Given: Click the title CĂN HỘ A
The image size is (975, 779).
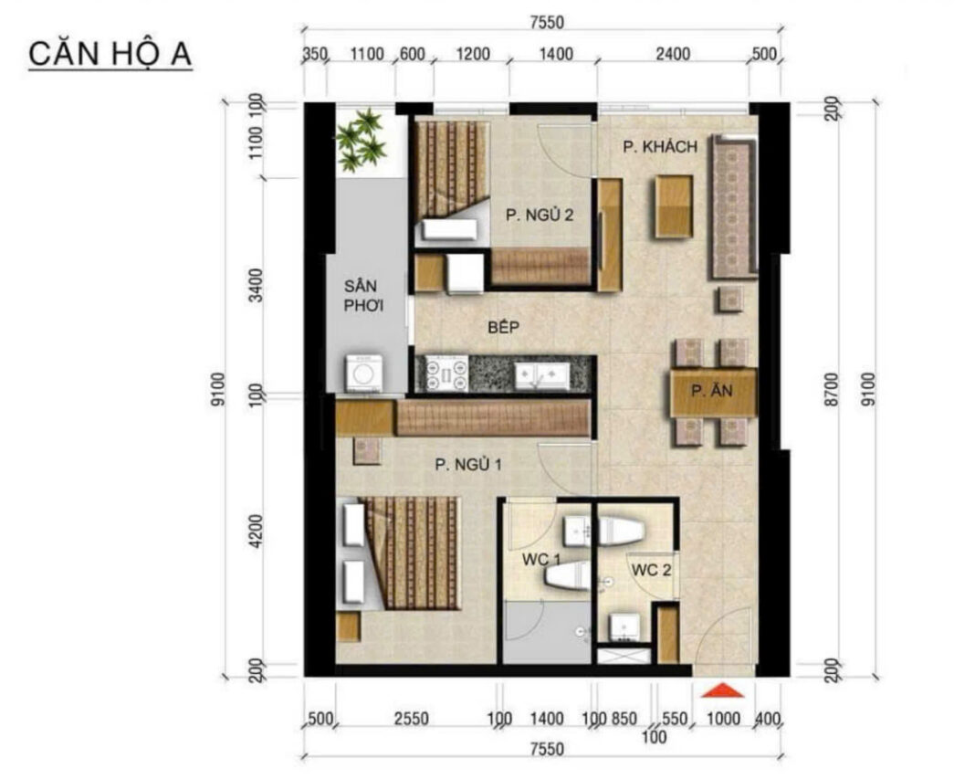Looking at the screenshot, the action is tap(110, 54).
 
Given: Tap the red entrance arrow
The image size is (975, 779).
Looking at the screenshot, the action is tap(722, 690).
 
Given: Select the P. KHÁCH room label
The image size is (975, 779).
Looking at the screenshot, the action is tap(660, 147).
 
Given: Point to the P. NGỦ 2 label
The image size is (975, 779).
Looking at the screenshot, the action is tap(540, 216).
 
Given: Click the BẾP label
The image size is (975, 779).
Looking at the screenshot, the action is tap(504, 327).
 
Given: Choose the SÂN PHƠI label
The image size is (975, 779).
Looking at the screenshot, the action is tap(363, 296).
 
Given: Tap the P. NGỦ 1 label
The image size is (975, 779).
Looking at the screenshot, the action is tap(468, 464).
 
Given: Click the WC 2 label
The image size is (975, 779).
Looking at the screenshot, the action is tap(651, 570).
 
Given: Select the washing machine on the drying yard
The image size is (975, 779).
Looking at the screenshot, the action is tap(363, 374).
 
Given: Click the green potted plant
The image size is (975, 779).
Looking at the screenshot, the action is tap(361, 140).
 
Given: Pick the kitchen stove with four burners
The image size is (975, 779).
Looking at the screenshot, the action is tap(446, 374).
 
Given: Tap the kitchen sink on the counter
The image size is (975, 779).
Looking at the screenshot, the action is tap(541, 375).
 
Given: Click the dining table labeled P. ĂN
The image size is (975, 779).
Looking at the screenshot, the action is tap(713, 393).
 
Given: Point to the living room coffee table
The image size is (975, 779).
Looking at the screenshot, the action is tap(673, 207).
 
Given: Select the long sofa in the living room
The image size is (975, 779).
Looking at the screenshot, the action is tap(734, 206).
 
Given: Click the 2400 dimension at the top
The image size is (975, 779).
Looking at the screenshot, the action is tap(673, 54).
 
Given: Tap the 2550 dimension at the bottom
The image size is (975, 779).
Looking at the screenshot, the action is tap(412, 719).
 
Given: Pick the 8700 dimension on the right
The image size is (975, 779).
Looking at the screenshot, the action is tap(832, 390).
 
